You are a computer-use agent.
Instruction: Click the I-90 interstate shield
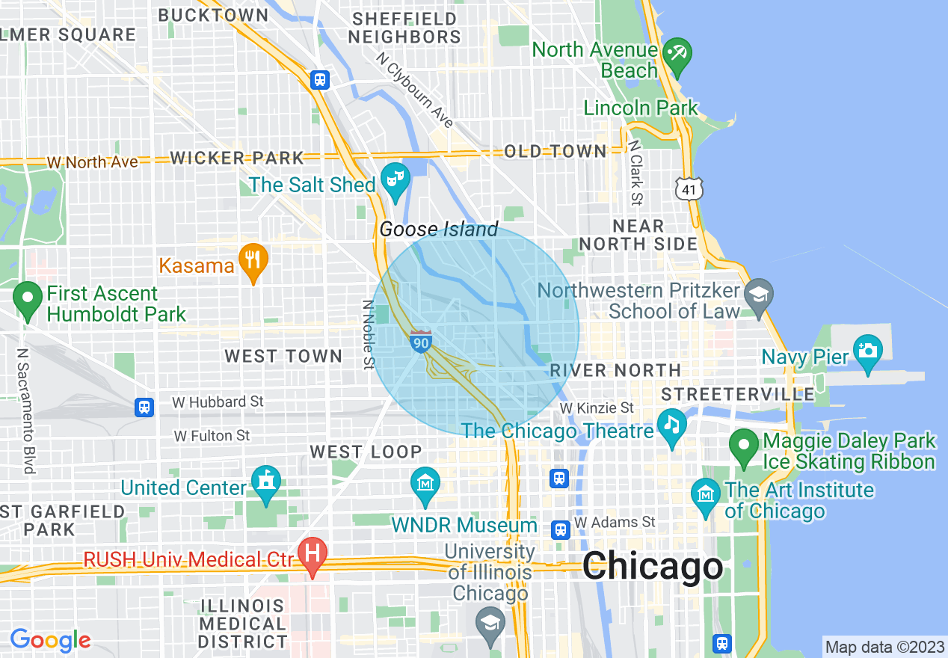(x=421, y=342)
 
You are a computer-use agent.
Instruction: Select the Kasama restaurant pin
(x=253, y=261)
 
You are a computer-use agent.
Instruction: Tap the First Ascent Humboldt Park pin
(x=28, y=298)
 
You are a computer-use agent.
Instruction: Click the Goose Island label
(x=439, y=229)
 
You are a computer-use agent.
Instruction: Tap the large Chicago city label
(x=653, y=565)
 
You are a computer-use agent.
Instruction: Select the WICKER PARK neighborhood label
(x=237, y=158)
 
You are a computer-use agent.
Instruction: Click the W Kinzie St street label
(x=597, y=408)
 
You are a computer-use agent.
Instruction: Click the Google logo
(x=50, y=640)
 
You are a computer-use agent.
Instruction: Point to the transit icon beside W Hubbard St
(x=144, y=408)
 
